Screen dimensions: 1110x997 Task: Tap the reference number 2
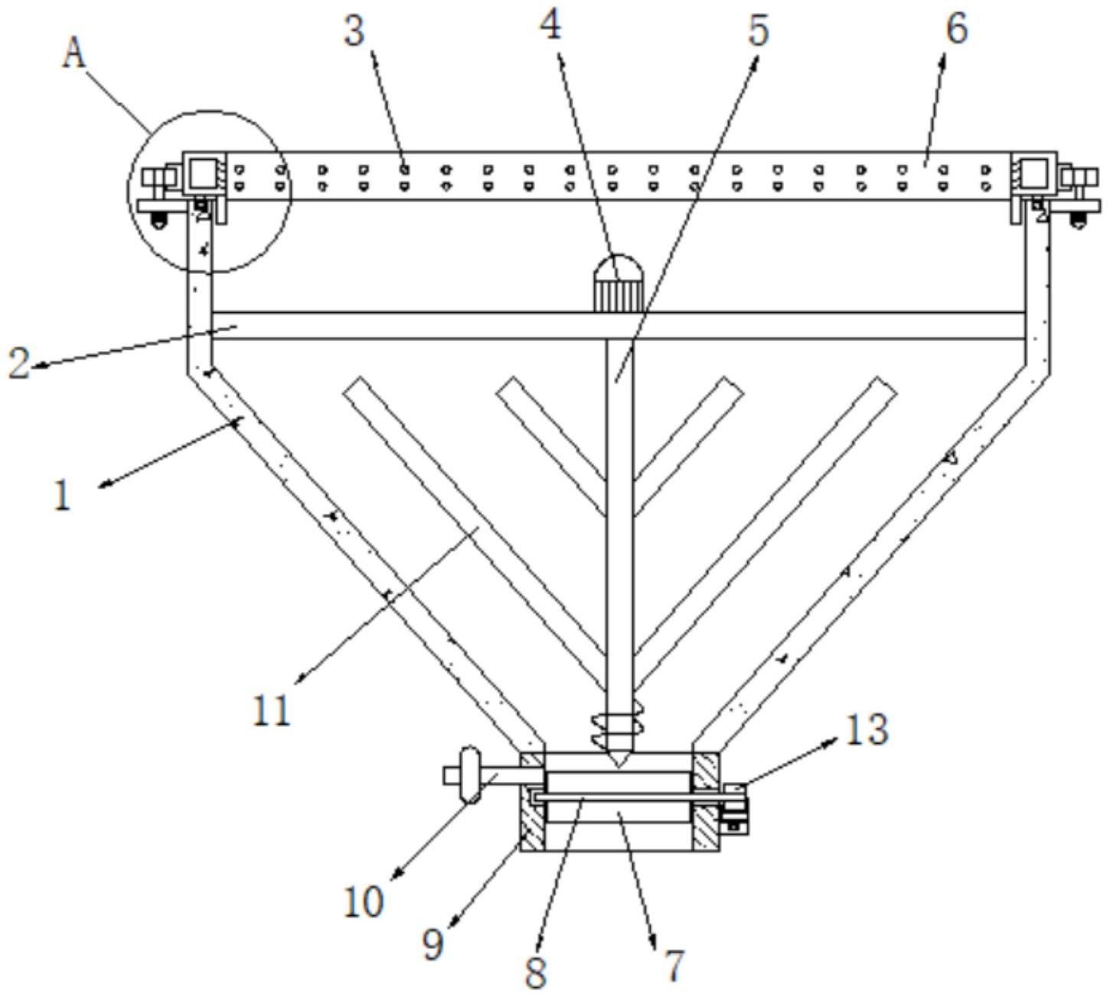tap(20, 363)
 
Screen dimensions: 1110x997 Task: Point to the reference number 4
tap(551, 25)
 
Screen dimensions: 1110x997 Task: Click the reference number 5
tap(759, 30)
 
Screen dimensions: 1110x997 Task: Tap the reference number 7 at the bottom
tap(674, 966)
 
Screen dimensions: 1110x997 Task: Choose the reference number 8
tap(535, 973)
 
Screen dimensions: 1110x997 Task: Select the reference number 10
tap(364, 901)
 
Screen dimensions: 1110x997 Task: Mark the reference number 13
tap(867, 730)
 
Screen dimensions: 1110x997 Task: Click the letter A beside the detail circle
tap(73, 54)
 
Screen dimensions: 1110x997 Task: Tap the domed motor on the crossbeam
tap(618, 282)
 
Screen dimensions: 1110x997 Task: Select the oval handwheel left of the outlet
tap(470, 774)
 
